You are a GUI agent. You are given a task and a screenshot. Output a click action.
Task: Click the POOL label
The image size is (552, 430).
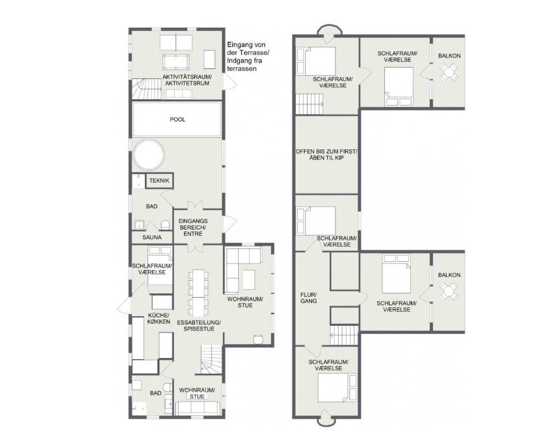(x=177, y=120)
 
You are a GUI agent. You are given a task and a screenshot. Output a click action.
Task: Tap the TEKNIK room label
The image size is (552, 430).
(x=159, y=180)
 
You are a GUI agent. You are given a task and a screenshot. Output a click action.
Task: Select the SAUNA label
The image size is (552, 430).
(x=152, y=237)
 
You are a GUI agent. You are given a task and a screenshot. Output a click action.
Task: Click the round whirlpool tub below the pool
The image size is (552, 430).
(x=149, y=154)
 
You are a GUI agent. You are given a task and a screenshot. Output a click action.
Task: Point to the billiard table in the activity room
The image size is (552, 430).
(x=176, y=62)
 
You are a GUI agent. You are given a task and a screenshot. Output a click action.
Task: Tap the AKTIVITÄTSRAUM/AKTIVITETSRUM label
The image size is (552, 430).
(x=187, y=80)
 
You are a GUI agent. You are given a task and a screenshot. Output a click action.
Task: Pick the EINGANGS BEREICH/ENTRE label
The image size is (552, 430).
(x=193, y=227)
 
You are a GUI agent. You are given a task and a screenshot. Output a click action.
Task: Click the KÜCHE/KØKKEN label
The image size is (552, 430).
(x=159, y=318)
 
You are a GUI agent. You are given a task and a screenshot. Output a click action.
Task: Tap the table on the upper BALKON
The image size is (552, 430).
(x=448, y=72)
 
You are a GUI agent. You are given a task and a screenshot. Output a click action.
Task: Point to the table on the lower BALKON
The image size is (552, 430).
(x=448, y=292)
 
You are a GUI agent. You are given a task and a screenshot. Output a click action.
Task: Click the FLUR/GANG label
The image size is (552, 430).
(x=308, y=297)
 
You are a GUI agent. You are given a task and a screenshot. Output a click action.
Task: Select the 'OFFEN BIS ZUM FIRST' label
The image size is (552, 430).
(x=327, y=155)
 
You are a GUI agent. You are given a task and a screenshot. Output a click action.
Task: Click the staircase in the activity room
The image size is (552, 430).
(x=146, y=89)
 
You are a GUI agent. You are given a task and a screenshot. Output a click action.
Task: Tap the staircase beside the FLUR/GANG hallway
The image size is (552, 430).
(x=344, y=335)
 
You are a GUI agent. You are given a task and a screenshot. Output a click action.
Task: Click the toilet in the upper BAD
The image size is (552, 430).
(x=165, y=224)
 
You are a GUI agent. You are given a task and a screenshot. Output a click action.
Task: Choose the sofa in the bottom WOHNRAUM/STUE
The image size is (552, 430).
(x=198, y=408)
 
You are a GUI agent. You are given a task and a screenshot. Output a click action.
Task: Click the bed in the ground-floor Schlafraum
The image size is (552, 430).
(x=160, y=266)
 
